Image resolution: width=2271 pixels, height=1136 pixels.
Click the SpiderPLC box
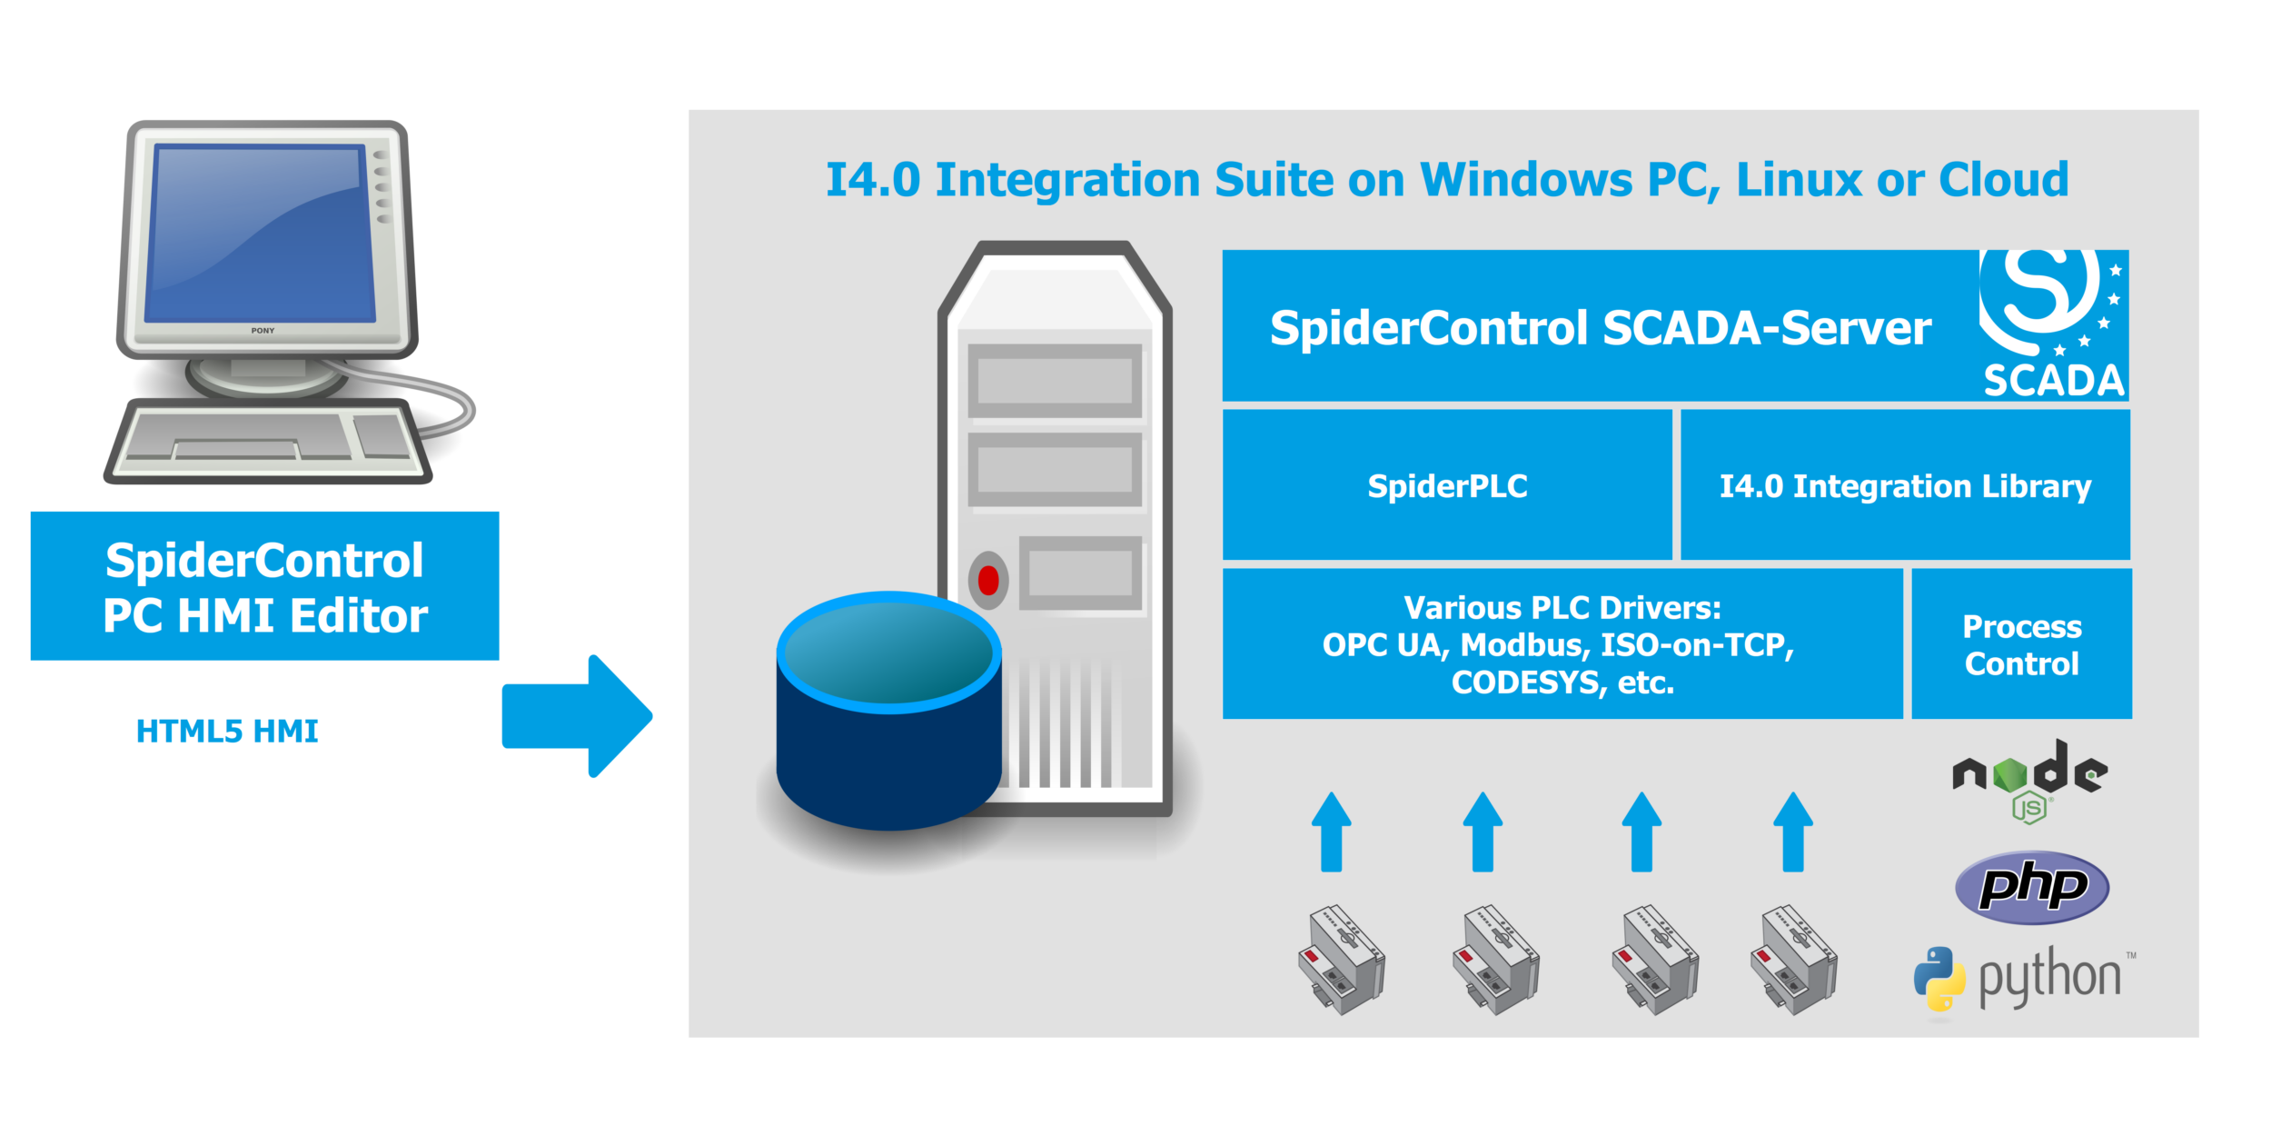[x=1447, y=485]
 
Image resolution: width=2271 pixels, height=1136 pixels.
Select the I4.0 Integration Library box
[x=1905, y=485]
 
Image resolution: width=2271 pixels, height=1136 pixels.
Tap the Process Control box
[x=2021, y=644]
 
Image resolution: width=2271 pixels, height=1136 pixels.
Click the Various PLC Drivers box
[x=1562, y=644]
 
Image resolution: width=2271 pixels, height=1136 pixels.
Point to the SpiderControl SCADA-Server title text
[x=1600, y=328]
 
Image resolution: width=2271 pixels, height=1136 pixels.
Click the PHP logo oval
[x=2032, y=886]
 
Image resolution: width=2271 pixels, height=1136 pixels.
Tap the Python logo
[x=2022, y=979]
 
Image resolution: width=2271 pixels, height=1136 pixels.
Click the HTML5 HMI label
[x=227, y=732]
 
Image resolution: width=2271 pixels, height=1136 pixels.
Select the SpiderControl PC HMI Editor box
[x=264, y=586]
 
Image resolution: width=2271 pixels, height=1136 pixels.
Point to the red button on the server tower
[x=988, y=580]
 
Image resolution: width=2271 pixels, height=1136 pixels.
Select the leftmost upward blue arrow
[x=1331, y=832]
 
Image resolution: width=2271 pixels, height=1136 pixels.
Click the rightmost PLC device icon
[x=1793, y=960]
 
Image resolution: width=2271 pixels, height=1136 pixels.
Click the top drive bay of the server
[x=1054, y=380]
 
